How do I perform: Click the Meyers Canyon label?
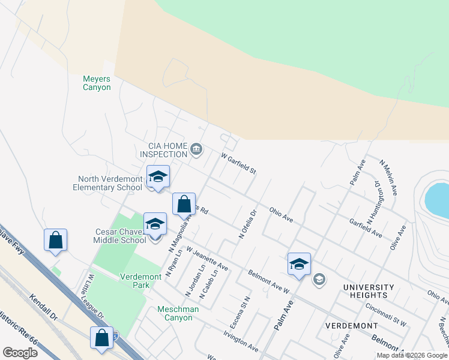[x=97, y=83]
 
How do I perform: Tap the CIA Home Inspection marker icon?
[x=196, y=149]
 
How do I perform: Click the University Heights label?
[x=369, y=291]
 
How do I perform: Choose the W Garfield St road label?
[x=239, y=163]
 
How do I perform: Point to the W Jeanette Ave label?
[x=207, y=257]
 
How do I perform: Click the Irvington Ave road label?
[x=240, y=341]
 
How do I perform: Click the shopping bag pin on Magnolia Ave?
[x=184, y=204]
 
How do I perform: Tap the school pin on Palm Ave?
[x=299, y=263]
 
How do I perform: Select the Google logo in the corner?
[x=20, y=352]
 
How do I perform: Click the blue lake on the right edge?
[x=438, y=200]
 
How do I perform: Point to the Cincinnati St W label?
[x=386, y=315]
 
